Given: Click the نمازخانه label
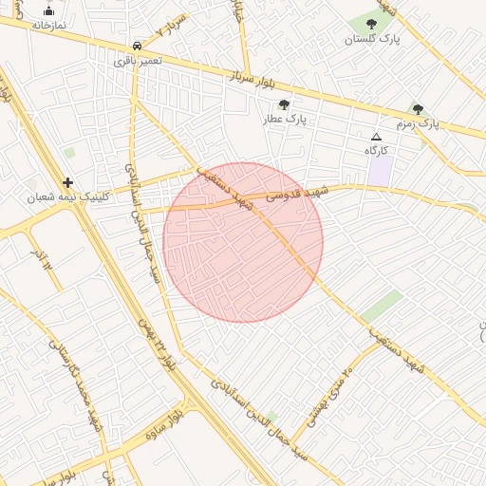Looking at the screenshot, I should tap(48, 26).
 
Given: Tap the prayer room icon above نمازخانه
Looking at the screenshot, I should tap(48, 11).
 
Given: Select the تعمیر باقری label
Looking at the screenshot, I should tap(139, 60).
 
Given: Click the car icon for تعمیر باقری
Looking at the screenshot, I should tap(139, 46).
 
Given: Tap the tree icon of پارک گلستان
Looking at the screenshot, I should tap(371, 25).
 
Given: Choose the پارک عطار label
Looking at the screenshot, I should tap(284, 121).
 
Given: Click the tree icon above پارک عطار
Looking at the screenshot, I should tap(284, 105).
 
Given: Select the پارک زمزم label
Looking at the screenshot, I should tap(419, 123).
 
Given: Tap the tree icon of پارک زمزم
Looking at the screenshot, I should tap(419, 109).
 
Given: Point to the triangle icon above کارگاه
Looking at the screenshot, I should tap(377, 138).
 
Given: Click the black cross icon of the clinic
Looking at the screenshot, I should tap(67, 182).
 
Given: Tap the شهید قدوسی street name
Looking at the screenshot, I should tap(296, 194).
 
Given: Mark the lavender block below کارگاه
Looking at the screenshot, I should tap(381, 171).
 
